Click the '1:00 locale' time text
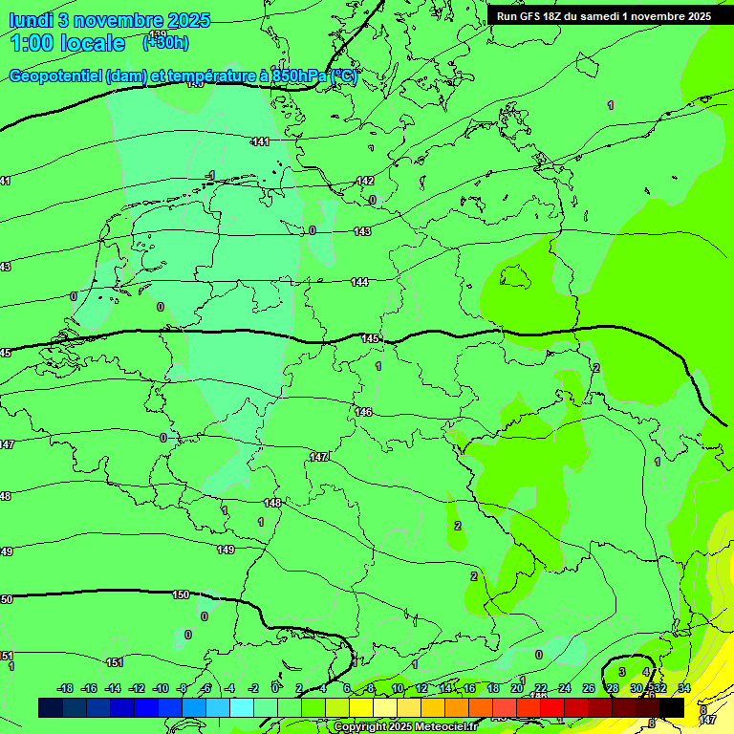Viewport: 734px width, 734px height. click(x=68, y=43)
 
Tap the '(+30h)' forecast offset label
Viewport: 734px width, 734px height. click(x=165, y=42)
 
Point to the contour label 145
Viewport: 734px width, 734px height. click(x=371, y=339)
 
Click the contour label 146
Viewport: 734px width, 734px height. click(x=363, y=412)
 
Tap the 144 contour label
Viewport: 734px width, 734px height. click(x=359, y=282)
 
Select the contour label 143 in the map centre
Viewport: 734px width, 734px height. click(x=362, y=231)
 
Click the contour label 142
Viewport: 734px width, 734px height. click(x=365, y=181)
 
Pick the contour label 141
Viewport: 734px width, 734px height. click(x=261, y=141)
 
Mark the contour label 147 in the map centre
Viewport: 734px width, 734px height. click(x=319, y=457)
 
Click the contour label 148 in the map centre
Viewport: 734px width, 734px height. click(x=272, y=503)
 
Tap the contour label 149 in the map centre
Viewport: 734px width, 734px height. click(x=226, y=550)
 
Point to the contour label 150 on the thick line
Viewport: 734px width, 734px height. click(x=181, y=594)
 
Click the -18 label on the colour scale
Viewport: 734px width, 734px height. click(x=66, y=688)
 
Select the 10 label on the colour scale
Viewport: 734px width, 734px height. click(x=397, y=688)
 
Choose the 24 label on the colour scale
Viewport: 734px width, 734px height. click(x=564, y=688)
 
